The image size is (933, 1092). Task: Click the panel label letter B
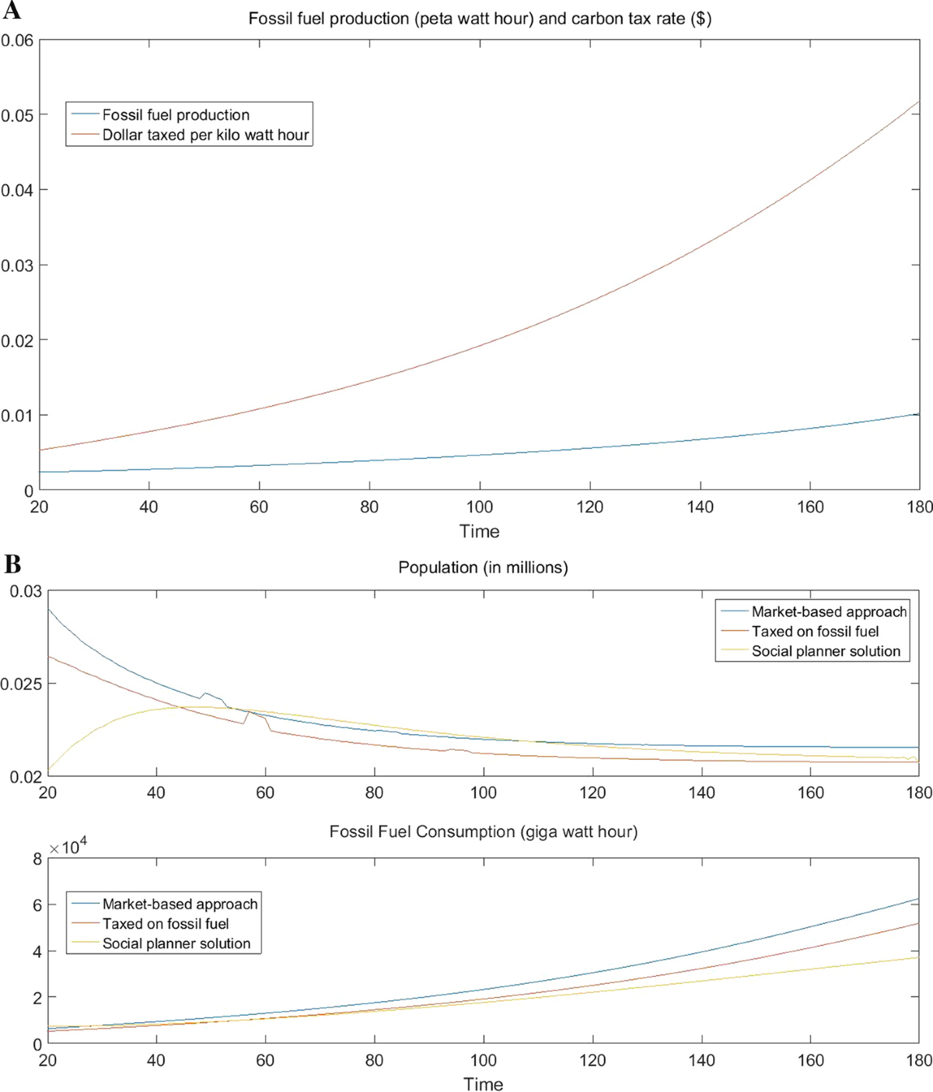tap(12, 563)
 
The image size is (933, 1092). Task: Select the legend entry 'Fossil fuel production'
tap(176, 115)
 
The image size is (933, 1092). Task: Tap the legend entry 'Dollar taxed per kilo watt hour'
tap(205, 135)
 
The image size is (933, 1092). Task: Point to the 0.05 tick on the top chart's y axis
tap(17, 115)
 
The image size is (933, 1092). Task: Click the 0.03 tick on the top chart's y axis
tap(17, 265)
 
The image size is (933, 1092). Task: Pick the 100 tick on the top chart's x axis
tap(480, 507)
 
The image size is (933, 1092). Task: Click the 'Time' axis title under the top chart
tap(480, 532)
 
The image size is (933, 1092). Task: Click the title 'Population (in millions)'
tap(483, 568)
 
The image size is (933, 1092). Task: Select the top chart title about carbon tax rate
tap(480, 19)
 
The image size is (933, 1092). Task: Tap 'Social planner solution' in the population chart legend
tap(826, 652)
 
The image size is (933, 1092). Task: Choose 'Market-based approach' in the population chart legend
tap(829, 612)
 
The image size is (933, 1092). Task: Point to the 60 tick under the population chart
tap(265, 793)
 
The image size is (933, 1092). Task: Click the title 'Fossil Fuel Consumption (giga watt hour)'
tap(483, 832)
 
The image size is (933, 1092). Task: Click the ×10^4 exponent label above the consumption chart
tap(68, 846)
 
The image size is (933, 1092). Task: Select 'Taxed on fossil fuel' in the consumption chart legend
tap(166, 924)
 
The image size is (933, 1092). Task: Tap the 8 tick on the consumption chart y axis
tap(37, 859)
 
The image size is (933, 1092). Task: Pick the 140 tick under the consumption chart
tap(701, 1060)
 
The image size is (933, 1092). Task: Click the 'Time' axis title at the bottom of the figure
tap(483, 1084)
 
